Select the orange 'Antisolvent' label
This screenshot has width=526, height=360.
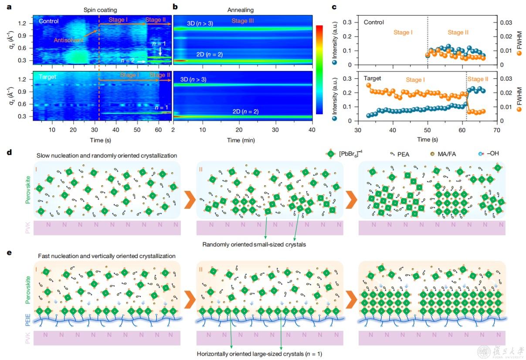[x=69, y=40]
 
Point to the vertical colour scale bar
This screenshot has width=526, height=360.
[x=320, y=70]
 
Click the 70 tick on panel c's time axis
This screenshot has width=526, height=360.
[x=496, y=130]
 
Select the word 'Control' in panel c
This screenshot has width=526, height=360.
[x=374, y=22]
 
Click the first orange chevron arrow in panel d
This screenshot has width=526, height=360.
[x=188, y=198]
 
